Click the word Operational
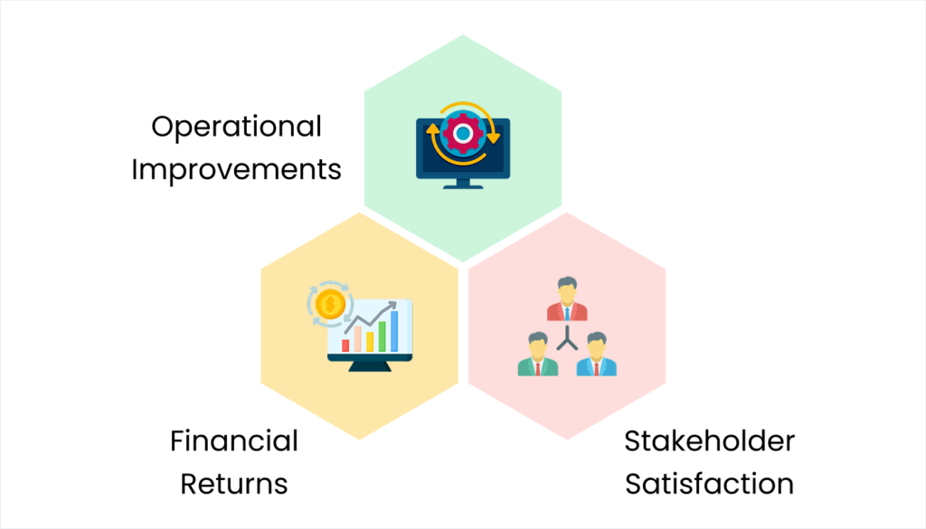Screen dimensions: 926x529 [x=236, y=128]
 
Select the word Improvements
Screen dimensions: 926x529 [x=236, y=170]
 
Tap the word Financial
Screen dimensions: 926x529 [x=234, y=441]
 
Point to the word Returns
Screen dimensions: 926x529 [x=234, y=484]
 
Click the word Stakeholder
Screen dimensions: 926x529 [x=709, y=441]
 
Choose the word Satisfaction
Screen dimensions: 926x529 [x=709, y=484]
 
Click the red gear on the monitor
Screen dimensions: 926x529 [x=463, y=134]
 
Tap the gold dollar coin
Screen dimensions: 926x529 [x=330, y=305]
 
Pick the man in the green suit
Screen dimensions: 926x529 [x=538, y=354]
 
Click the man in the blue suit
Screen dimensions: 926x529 [x=597, y=354]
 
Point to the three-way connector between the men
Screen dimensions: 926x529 [x=567, y=338]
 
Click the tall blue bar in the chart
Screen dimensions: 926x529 [x=394, y=331]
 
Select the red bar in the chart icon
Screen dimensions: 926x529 [x=345, y=345]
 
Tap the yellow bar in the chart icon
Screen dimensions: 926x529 [x=370, y=342]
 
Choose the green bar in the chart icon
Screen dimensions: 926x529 [x=383, y=336]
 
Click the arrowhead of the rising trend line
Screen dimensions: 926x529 [x=392, y=306]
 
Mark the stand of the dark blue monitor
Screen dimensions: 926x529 [x=463, y=184]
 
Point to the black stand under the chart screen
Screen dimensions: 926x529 [x=370, y=366]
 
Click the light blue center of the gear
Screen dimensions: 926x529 [x=463, y=134]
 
